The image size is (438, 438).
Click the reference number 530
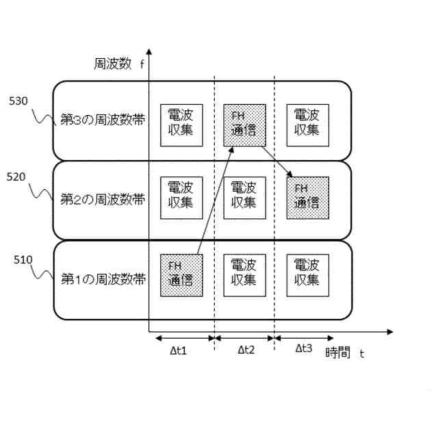coord(18,101)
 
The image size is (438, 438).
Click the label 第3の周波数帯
coord(103,121)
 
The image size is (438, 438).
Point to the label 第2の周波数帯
coord(103,200)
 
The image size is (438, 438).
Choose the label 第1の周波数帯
coord(103,279)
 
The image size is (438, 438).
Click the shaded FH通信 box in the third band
coord(244,124)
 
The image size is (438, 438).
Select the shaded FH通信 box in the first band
coord(181,274)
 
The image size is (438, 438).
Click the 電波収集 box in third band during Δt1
coord(180,124)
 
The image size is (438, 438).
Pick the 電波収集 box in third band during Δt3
coord(307,124)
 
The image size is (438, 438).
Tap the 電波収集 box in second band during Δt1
coord(180,197)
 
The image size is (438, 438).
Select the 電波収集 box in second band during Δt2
coord(244,197)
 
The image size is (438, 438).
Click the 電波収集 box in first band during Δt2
coord(244,274)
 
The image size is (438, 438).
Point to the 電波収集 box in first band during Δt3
coord(307,274)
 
